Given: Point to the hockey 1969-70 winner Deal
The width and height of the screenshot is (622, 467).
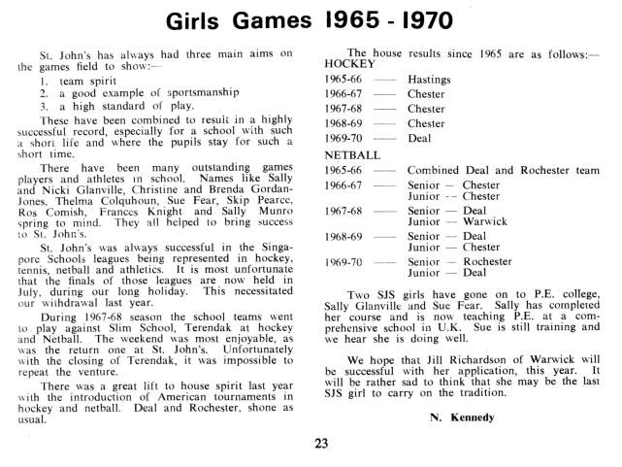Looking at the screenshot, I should [x=418, y=138].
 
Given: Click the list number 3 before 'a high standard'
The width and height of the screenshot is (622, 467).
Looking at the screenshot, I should [x=45, y=104].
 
